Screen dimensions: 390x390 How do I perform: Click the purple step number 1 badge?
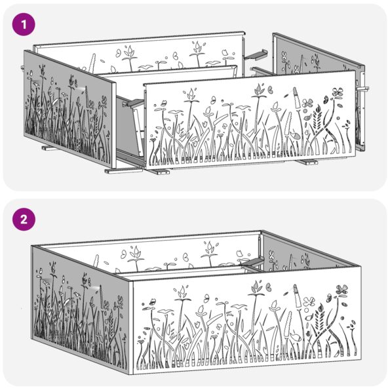click(x=24, y=24)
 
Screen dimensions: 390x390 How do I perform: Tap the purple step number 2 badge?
click(x=24, y=220)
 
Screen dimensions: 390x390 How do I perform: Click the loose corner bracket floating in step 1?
click(x=256, y=54)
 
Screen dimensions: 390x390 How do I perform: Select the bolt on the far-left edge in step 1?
click(x=22, y=68)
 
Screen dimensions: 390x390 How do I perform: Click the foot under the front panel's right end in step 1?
click(x=308, y=163)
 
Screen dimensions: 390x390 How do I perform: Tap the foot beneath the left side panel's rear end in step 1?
click(x=50, y=148)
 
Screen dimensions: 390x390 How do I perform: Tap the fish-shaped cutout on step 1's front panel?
click(x=294, y=136)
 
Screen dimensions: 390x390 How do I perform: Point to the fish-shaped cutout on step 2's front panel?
click(x=296, y=337)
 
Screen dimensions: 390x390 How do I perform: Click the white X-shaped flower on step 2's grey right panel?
click(x=271, y=255)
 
